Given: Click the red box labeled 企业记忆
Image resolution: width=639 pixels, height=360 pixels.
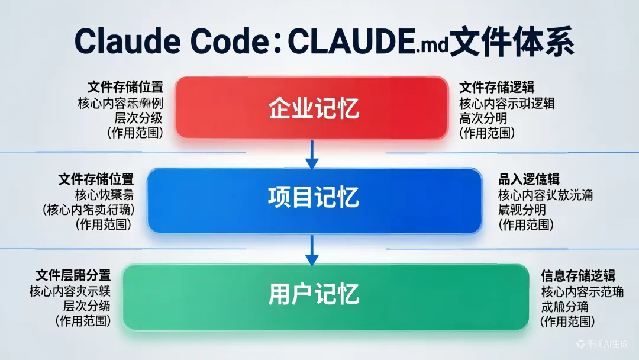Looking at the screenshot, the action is [x=312, y=108].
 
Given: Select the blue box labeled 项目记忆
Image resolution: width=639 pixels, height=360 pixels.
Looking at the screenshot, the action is [x=314, y=200].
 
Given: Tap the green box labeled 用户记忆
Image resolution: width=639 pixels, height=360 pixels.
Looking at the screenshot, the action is [x=325, y=296].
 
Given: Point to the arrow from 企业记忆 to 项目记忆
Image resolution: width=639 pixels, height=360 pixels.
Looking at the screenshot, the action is [x=312, y=155].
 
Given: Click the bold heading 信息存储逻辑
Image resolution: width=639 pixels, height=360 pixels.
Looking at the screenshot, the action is [x=578, y=276].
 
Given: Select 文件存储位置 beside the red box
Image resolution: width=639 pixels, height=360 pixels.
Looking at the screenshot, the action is [x=125, y=86].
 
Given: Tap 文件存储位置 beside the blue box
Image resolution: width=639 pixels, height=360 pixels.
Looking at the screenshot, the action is [x=96, y=179].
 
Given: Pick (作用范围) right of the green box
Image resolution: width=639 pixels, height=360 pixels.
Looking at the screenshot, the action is [x=567, y=322].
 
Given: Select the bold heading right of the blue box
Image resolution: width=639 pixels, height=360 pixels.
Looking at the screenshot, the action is [x=529, y=179].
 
